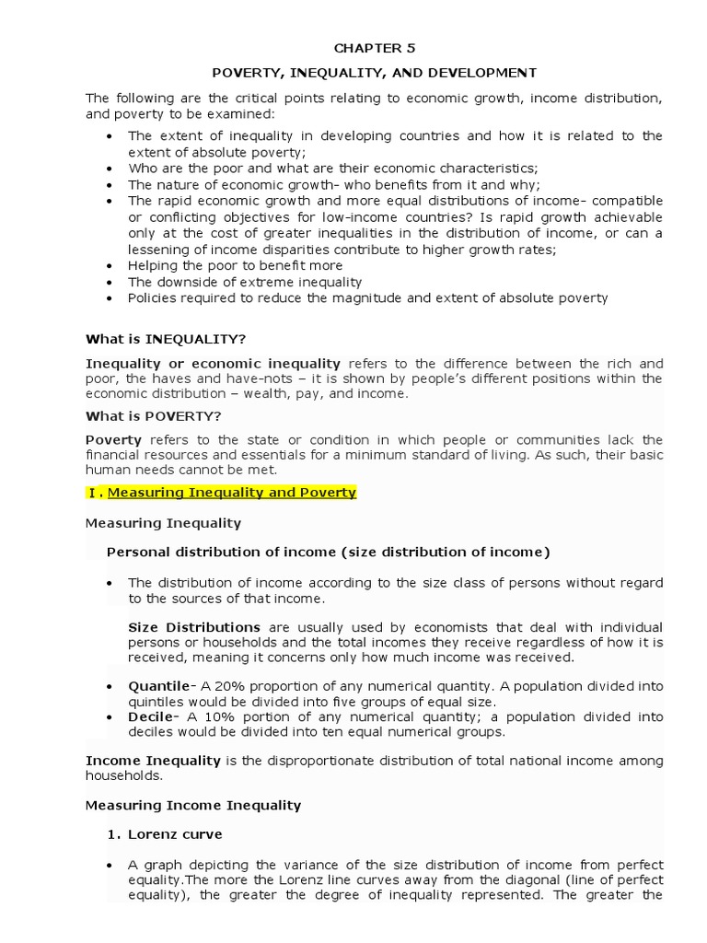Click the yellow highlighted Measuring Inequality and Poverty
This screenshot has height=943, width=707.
pos(231,493)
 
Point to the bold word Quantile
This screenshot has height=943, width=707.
pos(158,687)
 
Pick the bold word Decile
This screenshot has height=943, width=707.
pos(151,716)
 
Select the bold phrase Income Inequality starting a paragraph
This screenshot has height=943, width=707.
pos(153,761)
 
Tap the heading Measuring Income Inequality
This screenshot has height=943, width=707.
pos(193,805)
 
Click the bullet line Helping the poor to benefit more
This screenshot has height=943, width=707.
pos(235,265)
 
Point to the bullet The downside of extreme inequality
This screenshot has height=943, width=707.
pos(245,282)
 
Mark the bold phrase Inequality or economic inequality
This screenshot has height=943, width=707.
pos(213,364)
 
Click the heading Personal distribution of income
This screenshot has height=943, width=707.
pos(328,553)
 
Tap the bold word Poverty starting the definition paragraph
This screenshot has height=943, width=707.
pos(113,440)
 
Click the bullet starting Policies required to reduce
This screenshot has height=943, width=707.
pos(368,298)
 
